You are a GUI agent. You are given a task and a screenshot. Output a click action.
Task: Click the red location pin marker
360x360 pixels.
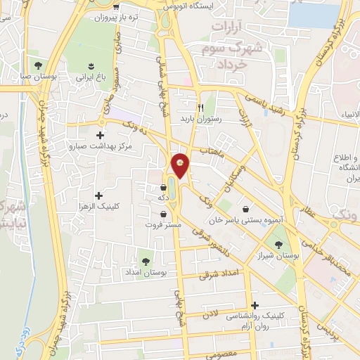(x=181, y=166)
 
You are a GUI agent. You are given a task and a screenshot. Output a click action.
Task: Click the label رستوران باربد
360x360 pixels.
(x=200, y=120)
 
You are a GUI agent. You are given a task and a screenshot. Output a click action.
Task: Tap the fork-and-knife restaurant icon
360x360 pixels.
(x=200, y=108)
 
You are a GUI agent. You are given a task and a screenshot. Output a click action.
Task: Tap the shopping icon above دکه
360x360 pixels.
(x=164, y=188)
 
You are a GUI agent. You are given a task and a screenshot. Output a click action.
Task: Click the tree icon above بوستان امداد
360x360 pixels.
(x=146, y=262)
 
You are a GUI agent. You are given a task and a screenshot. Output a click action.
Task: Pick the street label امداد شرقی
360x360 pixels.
(x=219, y=274)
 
